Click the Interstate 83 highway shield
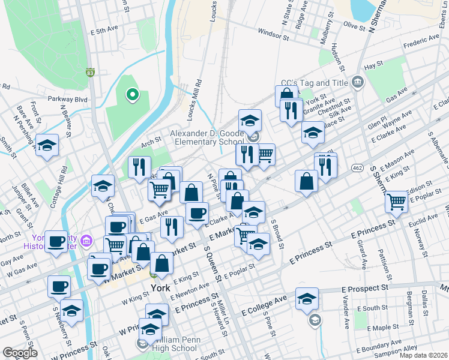(x=90, y=73)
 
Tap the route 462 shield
(x=358, y=167)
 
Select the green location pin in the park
(x=132, y=95)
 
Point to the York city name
(x=161, y=287)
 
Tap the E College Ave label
(x=264, y=305)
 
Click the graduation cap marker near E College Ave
(x=307, y=298)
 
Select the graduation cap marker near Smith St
(x=47, y=146)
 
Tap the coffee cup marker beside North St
(x=57, y=241)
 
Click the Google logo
(x=20, y=352)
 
